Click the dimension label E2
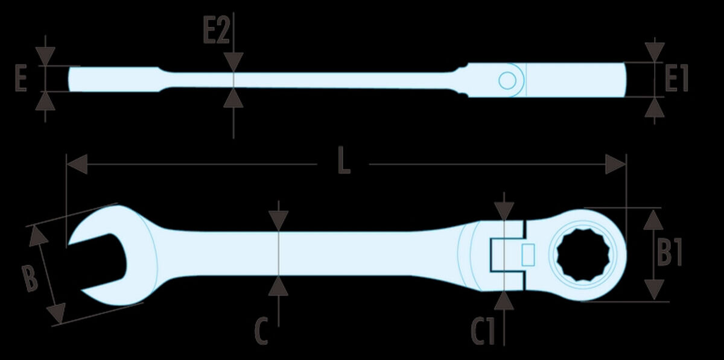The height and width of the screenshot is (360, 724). click(216, 30)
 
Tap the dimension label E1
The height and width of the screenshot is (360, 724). click(677, 78)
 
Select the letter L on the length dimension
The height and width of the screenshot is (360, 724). click(344, 160)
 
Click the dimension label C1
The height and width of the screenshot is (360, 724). click(483, 331)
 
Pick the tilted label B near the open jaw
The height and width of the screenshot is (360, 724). click(30, 279)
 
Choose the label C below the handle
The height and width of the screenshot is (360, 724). click(261, 330)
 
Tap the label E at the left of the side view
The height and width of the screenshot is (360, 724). click(21, 78)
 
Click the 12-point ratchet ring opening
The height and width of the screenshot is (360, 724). click(583, 255)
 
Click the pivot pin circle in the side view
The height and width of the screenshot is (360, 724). click(507, 80)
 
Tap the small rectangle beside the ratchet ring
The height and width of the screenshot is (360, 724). click(528, 255)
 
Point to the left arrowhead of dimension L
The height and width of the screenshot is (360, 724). click(77, 164)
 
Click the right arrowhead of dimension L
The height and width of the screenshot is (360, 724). click(616, 164)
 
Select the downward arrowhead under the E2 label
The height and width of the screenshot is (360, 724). click(233, 62)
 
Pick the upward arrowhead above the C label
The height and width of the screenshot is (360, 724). click(278, 286)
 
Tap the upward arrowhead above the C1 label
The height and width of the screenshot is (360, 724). click(504, 300)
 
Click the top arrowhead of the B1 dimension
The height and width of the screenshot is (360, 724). click(653, 219)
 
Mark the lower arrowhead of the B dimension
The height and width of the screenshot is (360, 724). click(57, 313)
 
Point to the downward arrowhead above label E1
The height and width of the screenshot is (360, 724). click(655, 52)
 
